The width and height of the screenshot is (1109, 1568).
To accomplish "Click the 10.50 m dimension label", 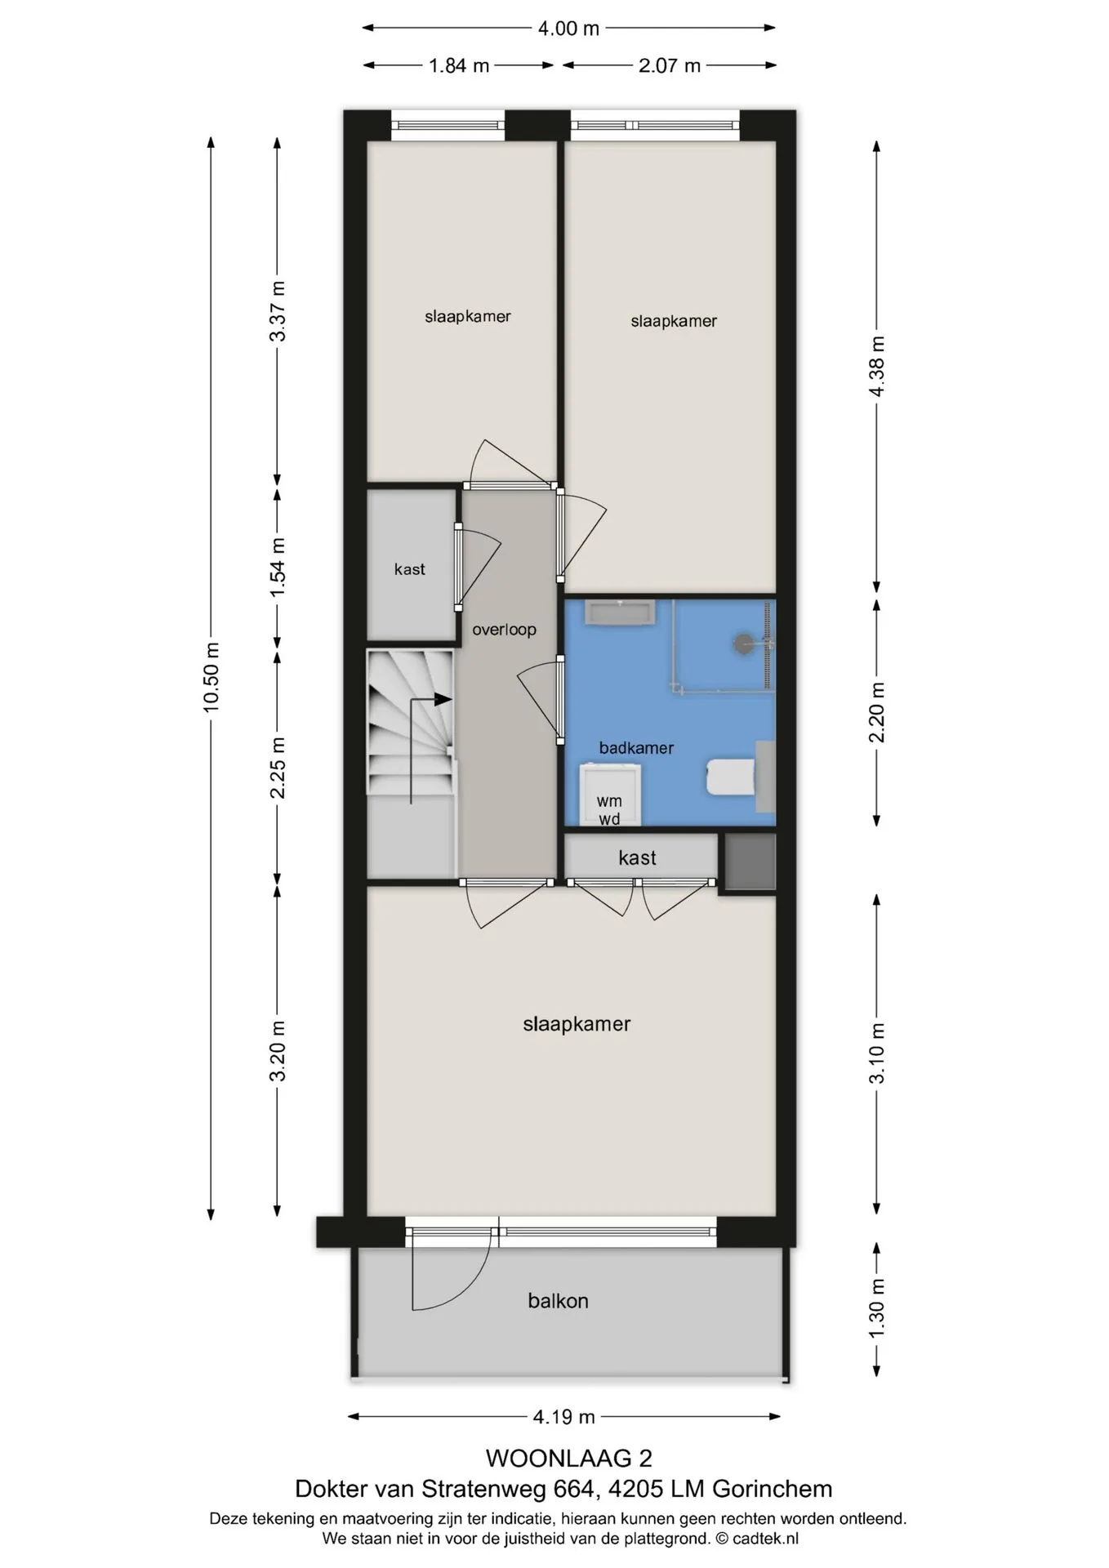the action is (x=212, y=678).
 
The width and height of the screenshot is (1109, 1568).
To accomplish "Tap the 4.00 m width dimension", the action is (x=568, y=29).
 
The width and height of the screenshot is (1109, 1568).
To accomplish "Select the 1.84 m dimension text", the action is (x=459, y=65).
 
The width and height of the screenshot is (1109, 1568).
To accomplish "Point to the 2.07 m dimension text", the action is (x=670, y=65).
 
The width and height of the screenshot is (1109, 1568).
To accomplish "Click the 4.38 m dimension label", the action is (x=877, y=367).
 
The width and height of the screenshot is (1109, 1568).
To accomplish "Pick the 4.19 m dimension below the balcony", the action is (x=564, y=1417).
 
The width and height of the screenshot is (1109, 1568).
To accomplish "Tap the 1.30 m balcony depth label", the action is (x=877, y=1309).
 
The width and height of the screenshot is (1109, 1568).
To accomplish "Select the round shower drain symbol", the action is (x=744, y=643).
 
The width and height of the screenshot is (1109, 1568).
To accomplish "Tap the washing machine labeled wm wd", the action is (x=609, y=795).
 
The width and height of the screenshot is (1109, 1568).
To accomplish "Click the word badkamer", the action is (x=636, y=748).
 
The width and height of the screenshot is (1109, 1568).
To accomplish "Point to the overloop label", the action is (x=504, y=630).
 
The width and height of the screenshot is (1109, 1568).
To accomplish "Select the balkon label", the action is (x=558, y=1301).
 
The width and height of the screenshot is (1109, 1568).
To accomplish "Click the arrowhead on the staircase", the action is (x=443, y=699).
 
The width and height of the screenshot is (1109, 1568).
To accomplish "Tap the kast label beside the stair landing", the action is (x=409, y=569).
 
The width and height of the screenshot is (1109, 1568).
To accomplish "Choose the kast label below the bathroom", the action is (x=637, y=857).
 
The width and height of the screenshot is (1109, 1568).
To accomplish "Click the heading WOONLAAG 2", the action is (x=569, y=1458).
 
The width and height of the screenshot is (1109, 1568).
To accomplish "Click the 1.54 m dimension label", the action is (x=278, y=566).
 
